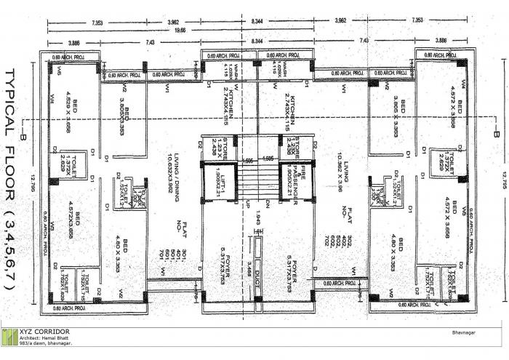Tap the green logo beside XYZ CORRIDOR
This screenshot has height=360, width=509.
[x=9, y=337]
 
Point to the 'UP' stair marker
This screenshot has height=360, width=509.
[x=248, y=201]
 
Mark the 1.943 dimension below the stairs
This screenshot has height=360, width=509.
[x=258, y=217]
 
